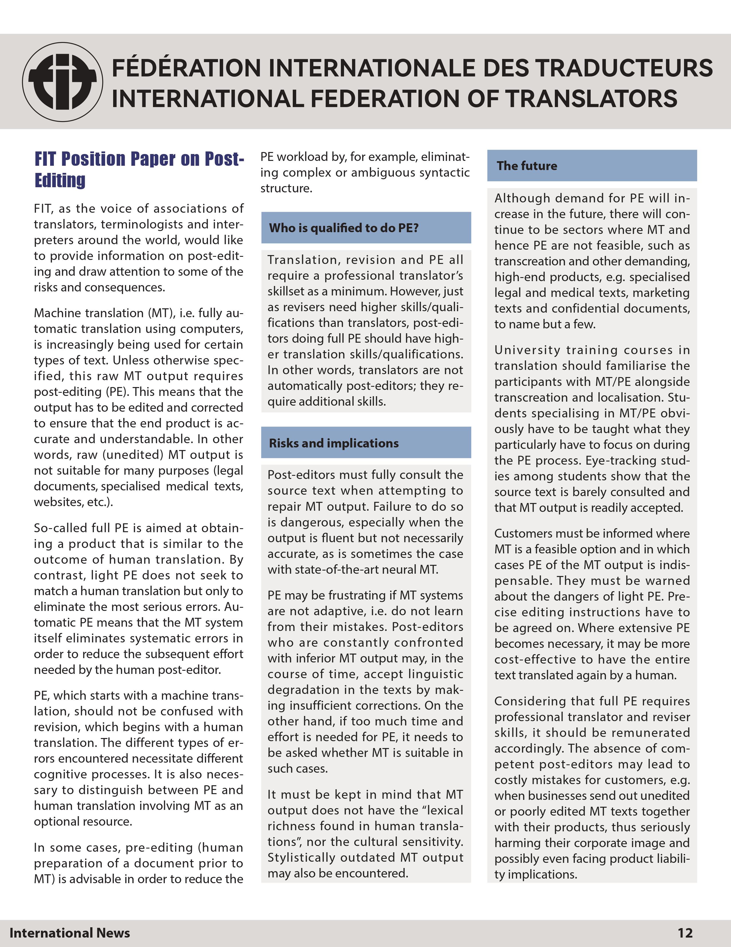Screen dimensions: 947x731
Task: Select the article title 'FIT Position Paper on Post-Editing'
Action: pos(139,169)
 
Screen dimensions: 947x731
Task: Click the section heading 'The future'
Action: pos(527,166)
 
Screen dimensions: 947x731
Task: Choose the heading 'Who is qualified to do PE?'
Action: pos(344,228)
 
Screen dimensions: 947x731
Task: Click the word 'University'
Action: pos(523,350)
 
